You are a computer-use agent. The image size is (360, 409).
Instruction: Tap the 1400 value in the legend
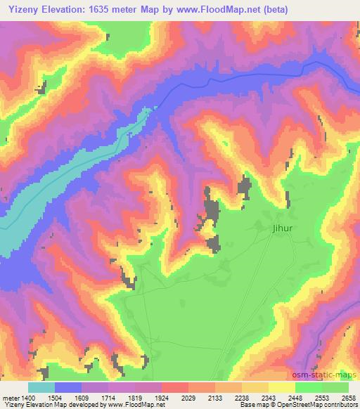(x=27, y=397)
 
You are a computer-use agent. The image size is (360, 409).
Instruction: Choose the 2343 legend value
(x=268, y=397)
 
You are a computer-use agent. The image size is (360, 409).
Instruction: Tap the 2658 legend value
(x=348, y=397)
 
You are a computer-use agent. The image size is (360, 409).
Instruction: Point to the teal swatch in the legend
(x=41, y=387)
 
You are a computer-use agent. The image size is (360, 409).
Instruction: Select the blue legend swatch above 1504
(x=68, y=387)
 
